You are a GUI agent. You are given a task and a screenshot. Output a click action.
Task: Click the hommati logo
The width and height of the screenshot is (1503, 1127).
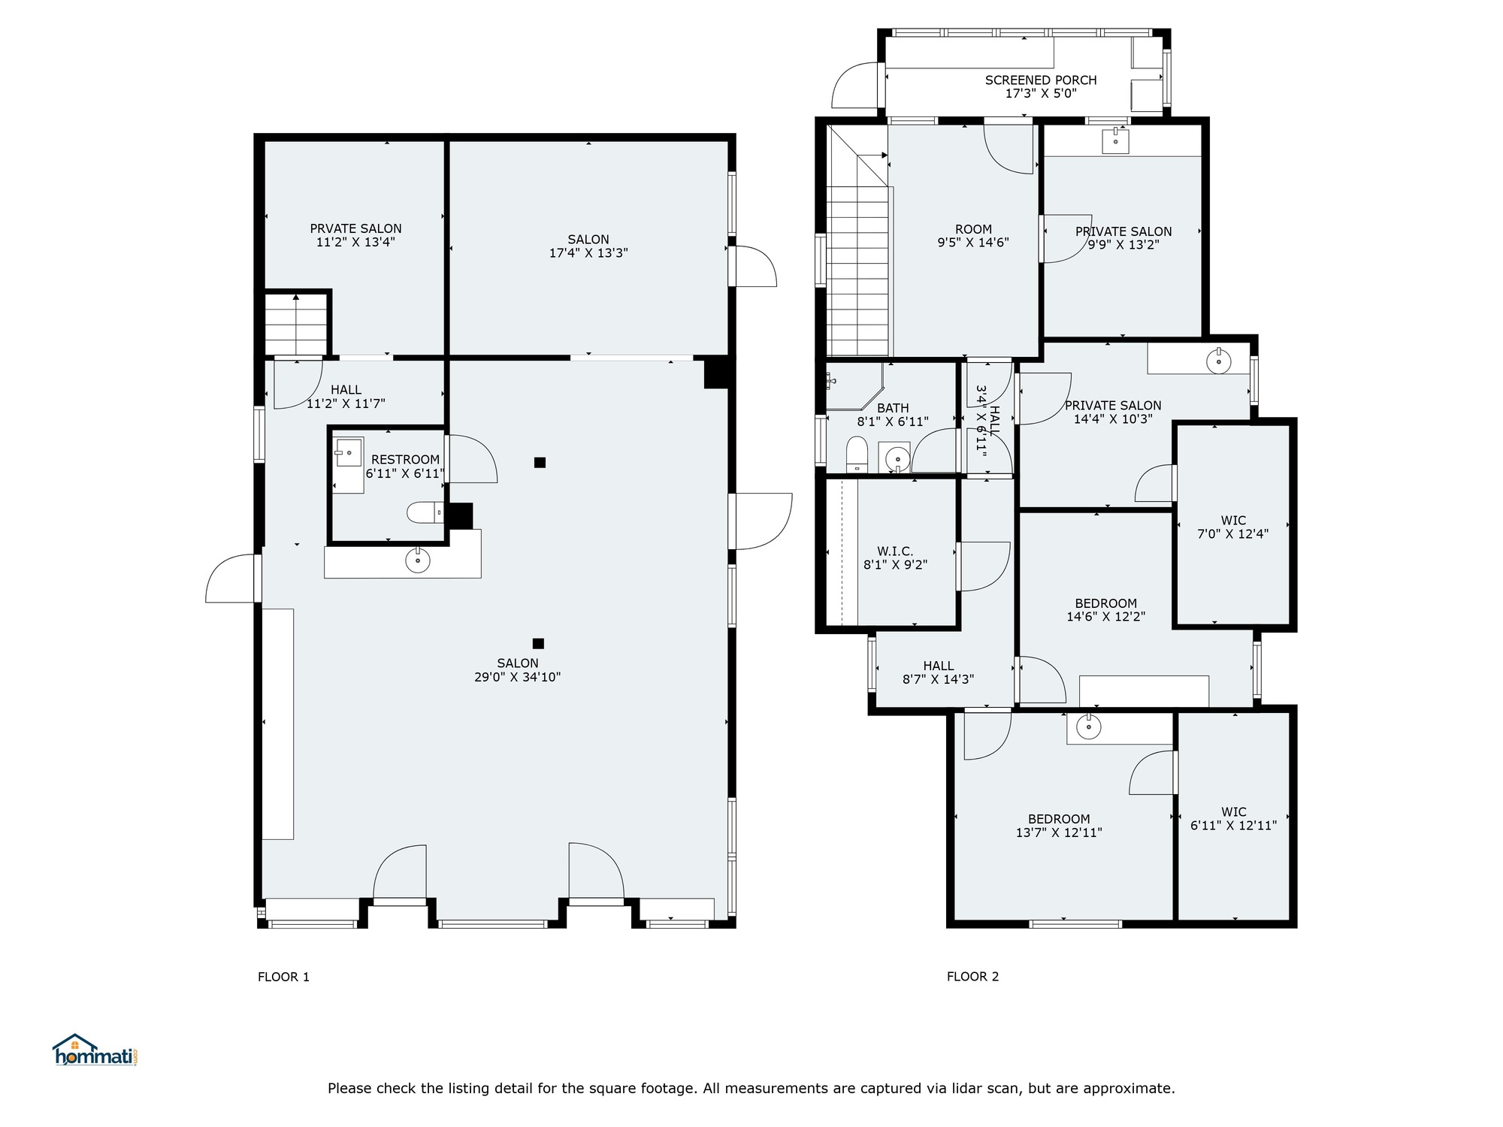click(x=95, y=1050)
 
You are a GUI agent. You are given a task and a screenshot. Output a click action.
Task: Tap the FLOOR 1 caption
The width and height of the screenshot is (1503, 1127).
click(x=283, y=977)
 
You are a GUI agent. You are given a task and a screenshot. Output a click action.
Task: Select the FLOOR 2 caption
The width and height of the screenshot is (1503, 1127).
click(x=972, y=977)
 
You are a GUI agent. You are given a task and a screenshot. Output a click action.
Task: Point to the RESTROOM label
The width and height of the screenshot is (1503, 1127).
click(x=405, y=460)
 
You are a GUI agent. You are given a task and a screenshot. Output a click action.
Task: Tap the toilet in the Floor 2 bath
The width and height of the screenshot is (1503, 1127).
click(x=857, y=455)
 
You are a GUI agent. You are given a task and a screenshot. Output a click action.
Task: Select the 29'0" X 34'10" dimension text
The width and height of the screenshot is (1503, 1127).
click(x=517, y=677)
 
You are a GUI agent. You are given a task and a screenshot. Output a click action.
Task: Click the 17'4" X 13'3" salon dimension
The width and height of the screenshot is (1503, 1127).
click(x=588, y=253)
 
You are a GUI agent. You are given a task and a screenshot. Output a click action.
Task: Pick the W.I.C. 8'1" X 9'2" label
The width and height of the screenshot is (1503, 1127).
click(x=895, y=558)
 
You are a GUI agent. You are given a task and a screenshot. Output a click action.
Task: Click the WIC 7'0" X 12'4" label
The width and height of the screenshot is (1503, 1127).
click(x=1233, y=527)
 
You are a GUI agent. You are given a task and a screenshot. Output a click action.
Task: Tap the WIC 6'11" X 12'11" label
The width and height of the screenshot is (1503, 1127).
click(x=1233, y=818)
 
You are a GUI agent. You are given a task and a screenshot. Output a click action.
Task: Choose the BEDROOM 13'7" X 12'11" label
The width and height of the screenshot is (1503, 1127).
click(x=1059, y=826)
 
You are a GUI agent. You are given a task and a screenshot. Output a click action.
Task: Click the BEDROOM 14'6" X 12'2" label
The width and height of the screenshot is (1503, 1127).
click(x=1105, y=610)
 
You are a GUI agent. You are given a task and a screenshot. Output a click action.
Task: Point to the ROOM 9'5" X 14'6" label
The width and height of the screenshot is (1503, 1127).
click(x=973, y=236)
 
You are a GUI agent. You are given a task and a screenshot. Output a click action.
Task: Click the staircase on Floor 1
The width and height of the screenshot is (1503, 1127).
click(x=297, y=324)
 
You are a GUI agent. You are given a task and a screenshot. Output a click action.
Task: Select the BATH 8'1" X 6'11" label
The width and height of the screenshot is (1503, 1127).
click(x=893, y=415)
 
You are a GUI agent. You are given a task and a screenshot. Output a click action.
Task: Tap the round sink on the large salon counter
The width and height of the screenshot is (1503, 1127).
click(x=418, y=560)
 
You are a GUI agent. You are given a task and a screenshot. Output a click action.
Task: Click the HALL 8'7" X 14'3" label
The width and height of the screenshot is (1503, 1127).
click(x=938, y=672)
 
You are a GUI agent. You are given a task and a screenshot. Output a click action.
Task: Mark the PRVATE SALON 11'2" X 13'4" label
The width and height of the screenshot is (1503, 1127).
click(x=355, y=235)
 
